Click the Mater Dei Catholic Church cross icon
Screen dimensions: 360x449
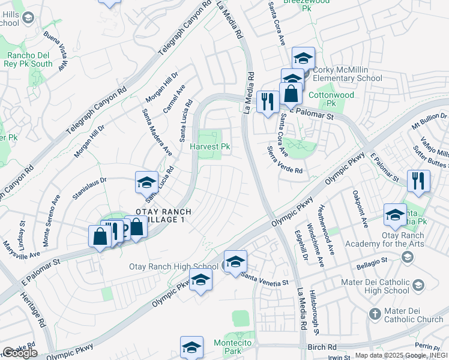[375, 313]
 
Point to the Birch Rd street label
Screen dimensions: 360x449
[324, 347]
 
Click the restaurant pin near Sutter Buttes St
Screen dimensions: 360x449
[418, 181]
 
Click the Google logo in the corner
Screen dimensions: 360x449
[20, 353]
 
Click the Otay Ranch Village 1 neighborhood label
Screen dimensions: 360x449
[155, 216]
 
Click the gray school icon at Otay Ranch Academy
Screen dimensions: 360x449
[408, 257]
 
